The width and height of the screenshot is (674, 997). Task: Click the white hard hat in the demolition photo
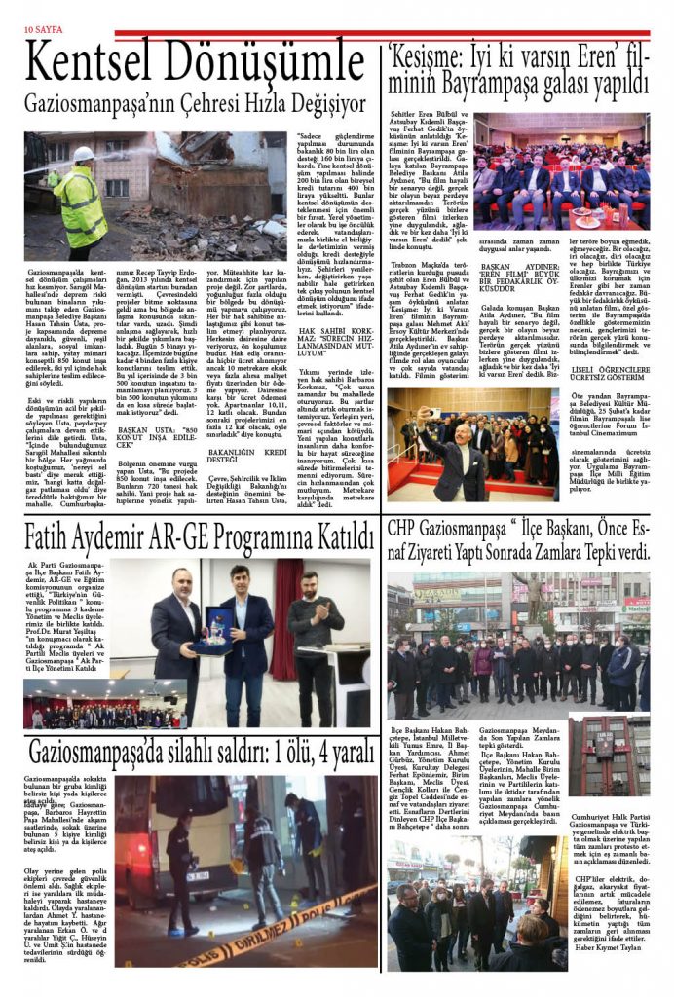[x=85, y=154]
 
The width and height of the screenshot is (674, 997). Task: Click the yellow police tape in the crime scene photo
[x=292, y=925]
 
